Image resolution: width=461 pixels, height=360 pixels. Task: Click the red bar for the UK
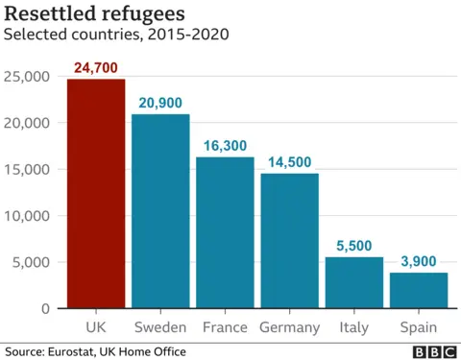coord(95,194)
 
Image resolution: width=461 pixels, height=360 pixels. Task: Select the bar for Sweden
coord(160,211)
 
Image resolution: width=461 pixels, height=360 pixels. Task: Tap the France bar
coord(225,232)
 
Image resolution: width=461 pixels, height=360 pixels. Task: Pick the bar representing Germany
coord(289,241)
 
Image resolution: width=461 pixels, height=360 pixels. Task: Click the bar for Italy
coord(353,282)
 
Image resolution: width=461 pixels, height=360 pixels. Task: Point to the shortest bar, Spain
coord(418,290)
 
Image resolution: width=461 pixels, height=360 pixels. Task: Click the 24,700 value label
coord(95,67)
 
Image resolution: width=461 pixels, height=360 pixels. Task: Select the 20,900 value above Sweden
coord(160,103)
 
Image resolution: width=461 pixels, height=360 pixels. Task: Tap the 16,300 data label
coord(225,146)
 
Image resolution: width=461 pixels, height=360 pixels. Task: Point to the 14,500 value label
coord(289,162)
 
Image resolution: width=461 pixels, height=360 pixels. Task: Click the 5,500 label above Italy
coord(353,246)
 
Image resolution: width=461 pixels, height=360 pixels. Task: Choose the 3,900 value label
coord(418,261)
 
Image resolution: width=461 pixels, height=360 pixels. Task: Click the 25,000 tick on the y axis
coord(30,77)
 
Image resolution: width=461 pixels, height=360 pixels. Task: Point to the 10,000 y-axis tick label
coord(30,216)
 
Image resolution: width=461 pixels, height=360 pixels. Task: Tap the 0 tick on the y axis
coord(46,309)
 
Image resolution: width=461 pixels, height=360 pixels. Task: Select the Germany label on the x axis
coord(289,327)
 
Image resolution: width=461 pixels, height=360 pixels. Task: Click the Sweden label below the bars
coord(160,327)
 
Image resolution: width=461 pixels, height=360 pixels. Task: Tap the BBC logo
coord(434,351)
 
